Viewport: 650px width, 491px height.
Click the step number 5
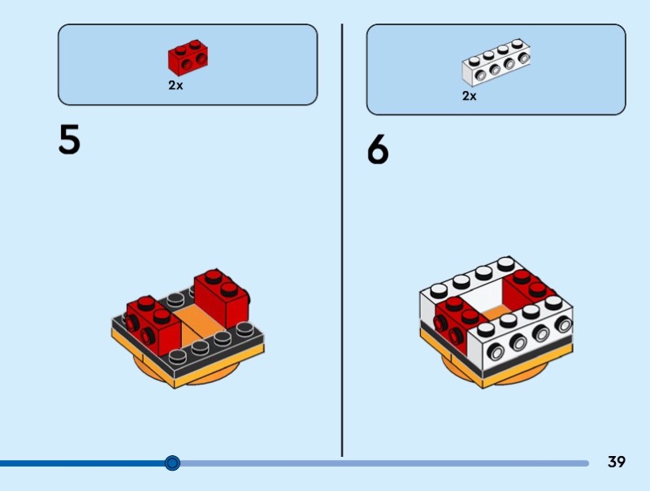[x=69, y=139]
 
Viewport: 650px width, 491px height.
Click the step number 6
[x=378, y=150]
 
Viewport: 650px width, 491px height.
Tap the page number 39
[x=617, y=462]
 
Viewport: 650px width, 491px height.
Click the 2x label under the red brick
[x=175, y=85]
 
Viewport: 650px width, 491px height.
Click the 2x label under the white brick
[x=469, y=96]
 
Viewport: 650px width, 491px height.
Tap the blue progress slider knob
[x=172, y=463]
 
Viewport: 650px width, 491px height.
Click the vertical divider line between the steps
[x=342, y=244]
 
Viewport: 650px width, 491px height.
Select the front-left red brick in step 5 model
[x=153, y=323]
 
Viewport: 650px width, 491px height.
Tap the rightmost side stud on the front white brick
[x=562, y=324]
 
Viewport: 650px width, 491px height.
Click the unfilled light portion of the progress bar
[x=382, y=463]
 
